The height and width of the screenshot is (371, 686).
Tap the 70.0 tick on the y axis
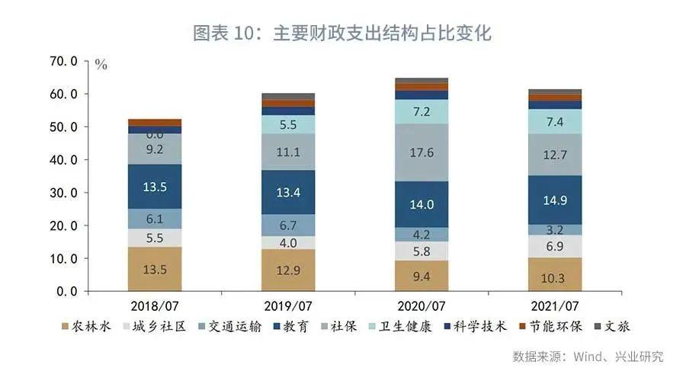pos(64,61)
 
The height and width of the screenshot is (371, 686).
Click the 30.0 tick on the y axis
pos(64,193)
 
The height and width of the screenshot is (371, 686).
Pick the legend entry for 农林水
pos(87,328)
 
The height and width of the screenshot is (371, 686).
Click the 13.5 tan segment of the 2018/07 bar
pos(155,269)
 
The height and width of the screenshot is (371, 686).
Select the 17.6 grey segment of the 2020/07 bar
pos(422,152)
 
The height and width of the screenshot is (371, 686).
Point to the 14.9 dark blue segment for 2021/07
pos(554,200)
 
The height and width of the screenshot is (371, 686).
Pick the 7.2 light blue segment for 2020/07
pos(422,112)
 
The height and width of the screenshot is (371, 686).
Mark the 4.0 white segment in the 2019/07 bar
pos(288,242)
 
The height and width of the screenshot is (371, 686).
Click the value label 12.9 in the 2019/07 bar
pos(288,271)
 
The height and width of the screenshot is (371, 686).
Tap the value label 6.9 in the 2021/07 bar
pos(554,246)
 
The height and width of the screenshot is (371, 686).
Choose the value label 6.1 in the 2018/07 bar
pos(155,219)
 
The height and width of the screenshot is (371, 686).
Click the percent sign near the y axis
pos(101,65)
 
